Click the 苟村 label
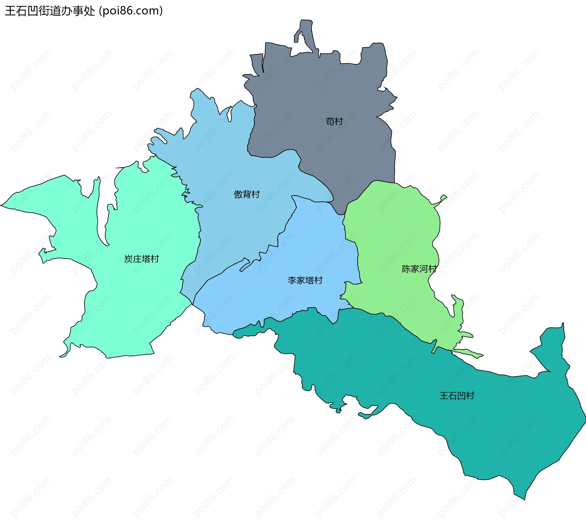[334, 121]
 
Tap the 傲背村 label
[247, 194]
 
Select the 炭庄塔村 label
[142, 259]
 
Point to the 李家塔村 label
[305, 280]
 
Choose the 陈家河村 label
[419, 269]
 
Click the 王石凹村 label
[457, 396]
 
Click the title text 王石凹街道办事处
[50, 11]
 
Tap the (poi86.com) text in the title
[131, 11]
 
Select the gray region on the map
[320, 91]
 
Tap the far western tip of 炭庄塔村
[2, 205]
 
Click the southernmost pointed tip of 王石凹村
[524, 499]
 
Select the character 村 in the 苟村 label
[338, 121]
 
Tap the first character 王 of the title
[10, 11]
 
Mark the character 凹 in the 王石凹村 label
[461, 396]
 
